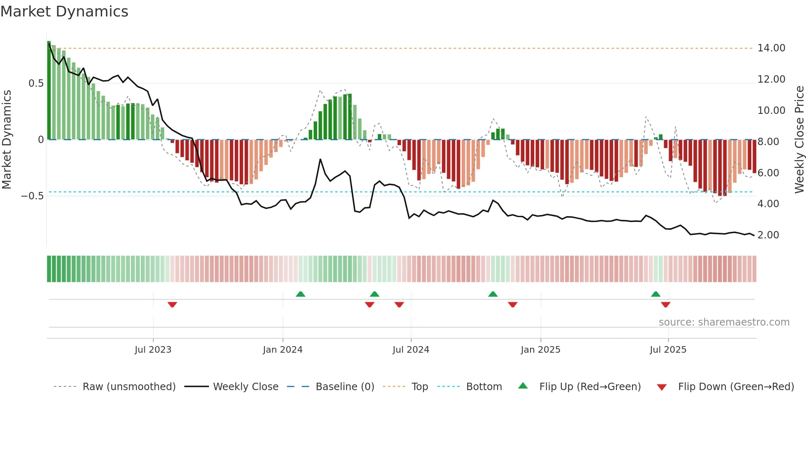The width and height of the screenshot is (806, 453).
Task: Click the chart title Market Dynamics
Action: [x=64, y=12]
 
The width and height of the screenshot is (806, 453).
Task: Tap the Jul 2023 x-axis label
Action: [x=153, y=349]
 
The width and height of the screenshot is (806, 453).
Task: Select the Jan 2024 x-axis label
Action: [x=283, y=349]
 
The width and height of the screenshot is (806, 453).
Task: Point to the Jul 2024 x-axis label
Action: [x=411, y=349]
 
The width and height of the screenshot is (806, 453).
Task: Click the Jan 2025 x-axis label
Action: [x=540, y=349]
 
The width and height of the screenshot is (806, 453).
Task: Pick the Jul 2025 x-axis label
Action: [x=668, y=349]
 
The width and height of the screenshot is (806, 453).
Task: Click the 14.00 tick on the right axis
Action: [x=771, y=48]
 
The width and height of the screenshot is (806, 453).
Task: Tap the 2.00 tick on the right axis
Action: [x=768, y=235]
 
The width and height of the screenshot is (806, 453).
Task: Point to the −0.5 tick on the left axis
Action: [x=32, y=196]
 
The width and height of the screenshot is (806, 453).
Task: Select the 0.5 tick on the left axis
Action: [x=36, y=83]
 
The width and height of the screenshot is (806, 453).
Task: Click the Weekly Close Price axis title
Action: [x=799, y=140]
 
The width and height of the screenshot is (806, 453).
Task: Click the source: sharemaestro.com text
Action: [x=724, y=322]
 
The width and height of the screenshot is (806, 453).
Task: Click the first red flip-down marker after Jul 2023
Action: [x=172, y=305]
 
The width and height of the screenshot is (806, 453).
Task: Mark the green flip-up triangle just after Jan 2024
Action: [x=301, y=294]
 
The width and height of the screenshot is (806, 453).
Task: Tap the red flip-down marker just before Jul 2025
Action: [x=666, y=305]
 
